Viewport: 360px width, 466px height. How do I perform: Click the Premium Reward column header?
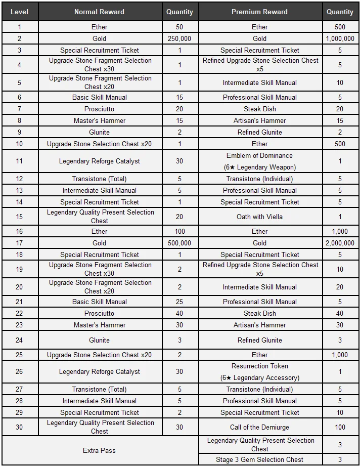[x=259, y=12]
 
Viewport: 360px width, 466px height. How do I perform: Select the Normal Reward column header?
[x=99, y=12]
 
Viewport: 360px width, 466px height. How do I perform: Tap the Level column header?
[x=19, y=12]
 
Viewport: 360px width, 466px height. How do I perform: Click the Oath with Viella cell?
[x=259, y=217]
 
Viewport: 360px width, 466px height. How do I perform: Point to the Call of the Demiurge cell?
[x=259, y=427]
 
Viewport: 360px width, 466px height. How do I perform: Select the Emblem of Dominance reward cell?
[x=259, y=161]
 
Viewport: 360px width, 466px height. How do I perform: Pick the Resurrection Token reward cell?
[x=259, y=372]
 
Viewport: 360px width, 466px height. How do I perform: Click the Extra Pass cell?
[x=99, y=450]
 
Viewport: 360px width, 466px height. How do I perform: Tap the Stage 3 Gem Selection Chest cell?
[x=259, y=459]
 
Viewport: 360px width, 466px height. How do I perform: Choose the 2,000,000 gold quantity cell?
[x=340, y=243]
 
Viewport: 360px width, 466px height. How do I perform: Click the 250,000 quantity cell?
[x=179, y=38]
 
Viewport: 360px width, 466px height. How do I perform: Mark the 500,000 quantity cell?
[x=179, y=243]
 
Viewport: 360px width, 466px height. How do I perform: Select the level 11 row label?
[x=19, y=161]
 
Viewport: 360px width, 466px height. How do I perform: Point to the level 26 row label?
[x=19, y=372]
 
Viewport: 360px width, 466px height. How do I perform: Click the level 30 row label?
[x=19, y=427]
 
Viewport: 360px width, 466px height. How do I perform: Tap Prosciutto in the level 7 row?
[x=99, y=109]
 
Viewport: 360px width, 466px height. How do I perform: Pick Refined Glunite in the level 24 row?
[x=259, y=340]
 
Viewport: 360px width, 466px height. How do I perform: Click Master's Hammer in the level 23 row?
[x=99, y=325]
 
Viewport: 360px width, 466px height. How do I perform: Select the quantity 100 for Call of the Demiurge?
[x=340, y=427]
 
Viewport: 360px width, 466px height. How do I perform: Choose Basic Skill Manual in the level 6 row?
[x=99, y=97]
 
